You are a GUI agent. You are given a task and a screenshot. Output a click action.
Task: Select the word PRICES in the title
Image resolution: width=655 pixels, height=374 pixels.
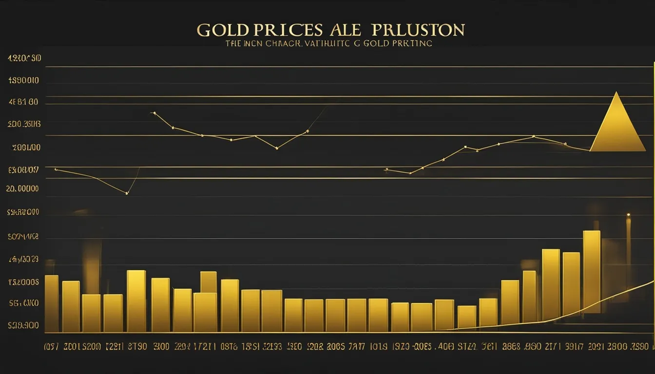(288, 30)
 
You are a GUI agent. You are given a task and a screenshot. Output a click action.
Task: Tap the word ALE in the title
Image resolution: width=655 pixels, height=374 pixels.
(345, 30)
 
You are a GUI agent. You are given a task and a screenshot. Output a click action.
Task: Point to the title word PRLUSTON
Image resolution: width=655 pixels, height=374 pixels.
(418, 30)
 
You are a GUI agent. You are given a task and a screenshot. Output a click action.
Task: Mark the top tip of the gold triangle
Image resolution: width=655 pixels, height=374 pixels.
(617, 93)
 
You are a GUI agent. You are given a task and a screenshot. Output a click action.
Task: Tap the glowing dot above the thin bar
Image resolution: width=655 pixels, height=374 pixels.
(628, 215)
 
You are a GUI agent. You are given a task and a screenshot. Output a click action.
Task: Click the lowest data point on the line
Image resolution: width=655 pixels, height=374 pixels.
(127, 193)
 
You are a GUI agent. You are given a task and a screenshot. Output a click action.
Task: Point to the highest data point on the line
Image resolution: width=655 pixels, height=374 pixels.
(154, 113)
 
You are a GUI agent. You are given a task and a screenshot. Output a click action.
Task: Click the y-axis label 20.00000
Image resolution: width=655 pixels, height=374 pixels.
(22, 188)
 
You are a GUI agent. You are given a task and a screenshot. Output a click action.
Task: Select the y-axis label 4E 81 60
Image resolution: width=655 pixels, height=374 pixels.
(23, 102)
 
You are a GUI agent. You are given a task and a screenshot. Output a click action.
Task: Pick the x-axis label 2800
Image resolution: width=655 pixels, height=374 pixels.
(619, 347)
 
